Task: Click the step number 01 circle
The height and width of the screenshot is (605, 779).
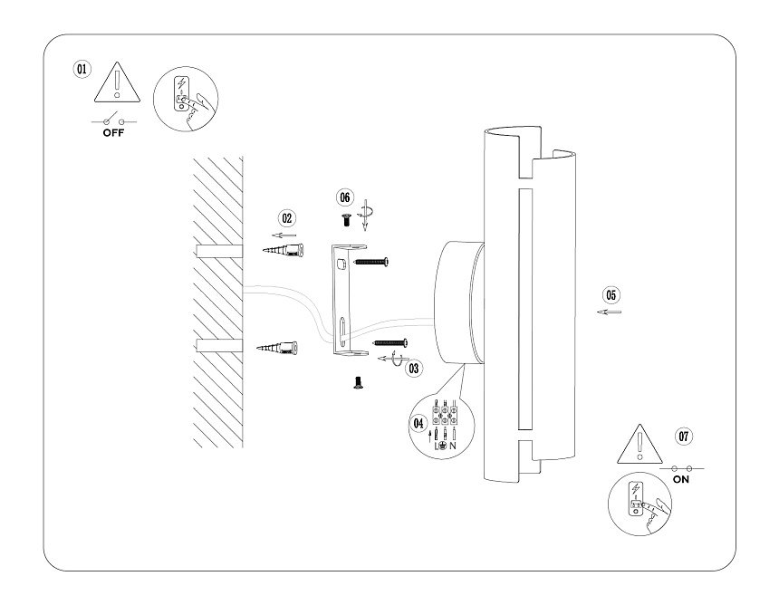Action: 82,69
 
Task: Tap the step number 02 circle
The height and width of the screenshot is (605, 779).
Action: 287,218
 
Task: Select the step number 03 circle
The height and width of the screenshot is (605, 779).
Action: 414,368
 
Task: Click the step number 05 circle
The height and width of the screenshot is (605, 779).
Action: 611,294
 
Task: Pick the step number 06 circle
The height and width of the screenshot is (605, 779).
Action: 344,197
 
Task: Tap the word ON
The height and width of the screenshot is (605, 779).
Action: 681,480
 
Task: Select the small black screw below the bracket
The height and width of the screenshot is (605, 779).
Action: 356,384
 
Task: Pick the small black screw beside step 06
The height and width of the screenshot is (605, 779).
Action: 344,218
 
